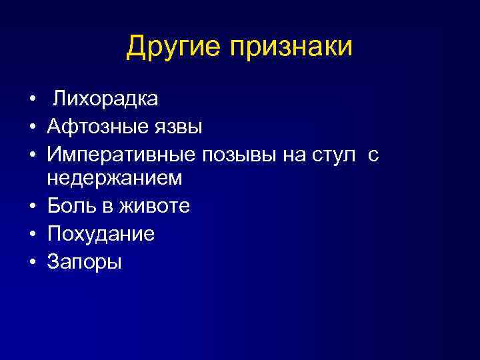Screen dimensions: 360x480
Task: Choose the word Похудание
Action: pyautogui.click(x=101, y=234)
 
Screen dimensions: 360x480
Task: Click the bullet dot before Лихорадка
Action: pyautogui.click(x=32, y=101)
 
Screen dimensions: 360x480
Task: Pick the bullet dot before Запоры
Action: pyautogui.click(x=32, y=261)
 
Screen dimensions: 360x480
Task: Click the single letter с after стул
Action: pyautogui.click(x=373, y=155)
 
